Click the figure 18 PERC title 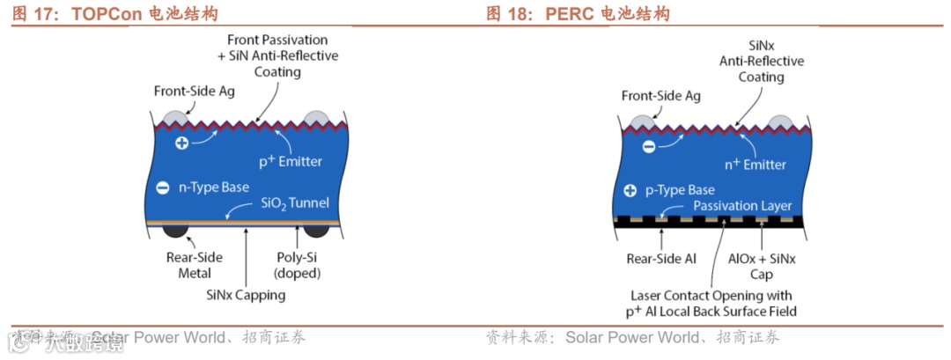[x=578, y=14]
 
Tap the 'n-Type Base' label [x=214, y=187]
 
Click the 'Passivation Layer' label [x=742, y=206]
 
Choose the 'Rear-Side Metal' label [x=195, y=266]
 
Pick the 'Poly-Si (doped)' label [x=296, y=266]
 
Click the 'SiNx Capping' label [x=246, y=296]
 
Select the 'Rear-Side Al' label [x=661, y=259]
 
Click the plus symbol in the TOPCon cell [x=181, y=143]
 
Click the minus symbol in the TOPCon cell [x=162, y=187]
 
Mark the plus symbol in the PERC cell [x=630, y=190]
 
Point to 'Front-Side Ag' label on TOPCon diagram [x=194, y=91]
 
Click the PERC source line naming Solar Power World [x=632, y=338]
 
